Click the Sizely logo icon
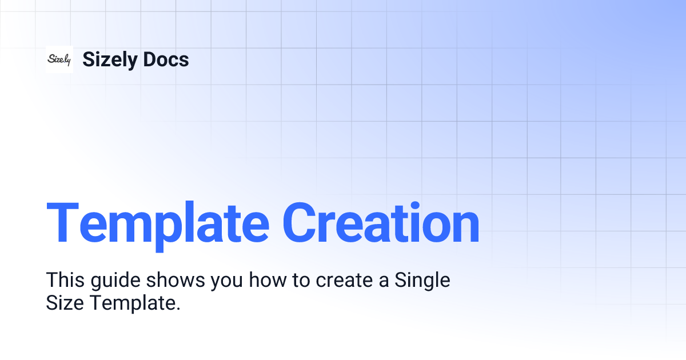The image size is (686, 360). [59, 59]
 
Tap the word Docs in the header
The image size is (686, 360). [166, 59]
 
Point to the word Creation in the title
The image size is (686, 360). [381, 223]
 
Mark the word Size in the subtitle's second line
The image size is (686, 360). [65, 303]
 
